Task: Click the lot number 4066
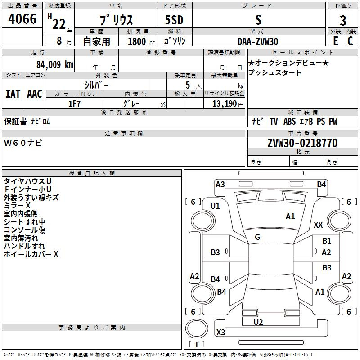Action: pyautogui.click(x=22, y=19)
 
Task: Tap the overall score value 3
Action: pyautogui.click(x=343, y=21)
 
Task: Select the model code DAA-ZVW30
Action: pyautogui.click(x=258, y=41)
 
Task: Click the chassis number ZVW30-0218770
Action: pyautogui.click(x=302, y=143)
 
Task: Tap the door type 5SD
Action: pyautogui.click(x=174, y=21)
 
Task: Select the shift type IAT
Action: pyautogui.click(x=13, y=94)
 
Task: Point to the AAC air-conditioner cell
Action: pyautogui.click(x=35, y=94)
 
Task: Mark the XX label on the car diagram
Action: pyautogui.click(x=318, y=225)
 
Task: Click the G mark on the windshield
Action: pyautogui.click(x=257, y=237)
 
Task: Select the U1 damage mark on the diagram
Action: pyautogui.click(x=215, y=206)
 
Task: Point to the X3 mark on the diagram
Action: pyautogui.click(x=221, y=333)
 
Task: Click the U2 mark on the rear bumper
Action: pyautogui.click(x=258, y=322)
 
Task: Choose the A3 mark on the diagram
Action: pyautogui.click(x=220, y=184)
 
